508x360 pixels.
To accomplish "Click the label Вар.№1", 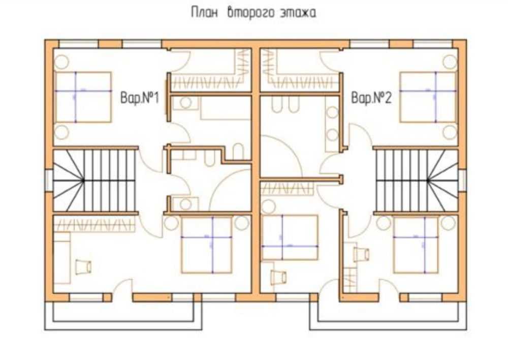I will coord(139,98).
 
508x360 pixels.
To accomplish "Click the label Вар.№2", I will coord(371,98).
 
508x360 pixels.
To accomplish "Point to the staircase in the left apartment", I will coord(95,180).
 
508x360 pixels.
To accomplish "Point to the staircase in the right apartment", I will coord(417,180).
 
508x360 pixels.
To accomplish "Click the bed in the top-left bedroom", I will coord(83,97).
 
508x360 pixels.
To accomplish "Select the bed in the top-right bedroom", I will coord(427,97).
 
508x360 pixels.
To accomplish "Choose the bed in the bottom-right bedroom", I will coord(416,245).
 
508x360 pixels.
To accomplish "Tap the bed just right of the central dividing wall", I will coord(290,237).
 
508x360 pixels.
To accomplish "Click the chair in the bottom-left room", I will coord(83,265).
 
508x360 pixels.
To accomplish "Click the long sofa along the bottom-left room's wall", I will coord(62,258).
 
